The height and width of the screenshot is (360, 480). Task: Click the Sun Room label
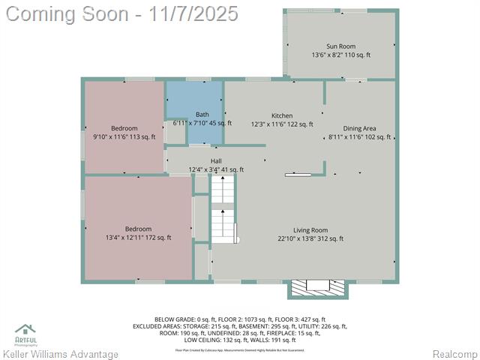(x=341, y=46)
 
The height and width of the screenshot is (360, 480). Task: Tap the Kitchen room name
(x=282, y=115)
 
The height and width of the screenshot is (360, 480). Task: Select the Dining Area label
(x=359, y=128)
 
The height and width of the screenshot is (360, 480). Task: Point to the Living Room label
(x=310, y=230)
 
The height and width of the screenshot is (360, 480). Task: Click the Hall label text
(x=216, y=161)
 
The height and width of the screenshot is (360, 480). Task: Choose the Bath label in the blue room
(x=202, y=114)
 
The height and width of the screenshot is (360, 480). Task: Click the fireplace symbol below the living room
(x=317, y=288)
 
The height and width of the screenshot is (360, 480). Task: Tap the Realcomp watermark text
(x=454, y=354)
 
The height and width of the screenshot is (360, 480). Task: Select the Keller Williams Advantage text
(x=61, y=354)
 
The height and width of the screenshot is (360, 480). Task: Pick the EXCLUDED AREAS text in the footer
(x=156, y=326)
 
